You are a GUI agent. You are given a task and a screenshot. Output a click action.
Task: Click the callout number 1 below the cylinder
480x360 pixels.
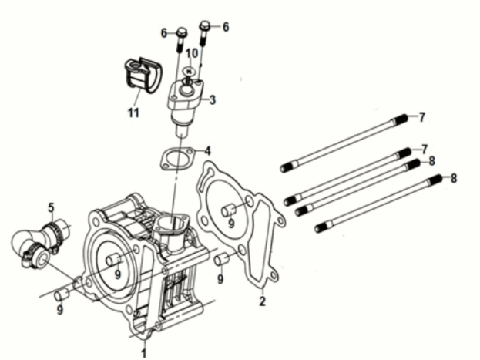[x=143, y=352]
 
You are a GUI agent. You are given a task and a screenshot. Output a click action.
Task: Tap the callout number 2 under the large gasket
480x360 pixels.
[x=262, y=301]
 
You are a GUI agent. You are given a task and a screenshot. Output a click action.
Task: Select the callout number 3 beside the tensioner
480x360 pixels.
[x=213, y=99]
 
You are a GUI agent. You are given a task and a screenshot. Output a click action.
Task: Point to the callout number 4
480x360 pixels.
[x=206, y=150]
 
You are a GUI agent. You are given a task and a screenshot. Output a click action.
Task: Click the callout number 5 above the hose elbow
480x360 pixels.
[x=51, y=207]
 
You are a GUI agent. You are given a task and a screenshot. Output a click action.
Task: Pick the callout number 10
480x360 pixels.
[x=190, y=52]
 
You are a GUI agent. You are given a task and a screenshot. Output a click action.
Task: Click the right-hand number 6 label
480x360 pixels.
[x=226, y=27]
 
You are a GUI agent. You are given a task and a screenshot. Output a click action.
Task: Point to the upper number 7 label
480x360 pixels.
[x=421, y=117]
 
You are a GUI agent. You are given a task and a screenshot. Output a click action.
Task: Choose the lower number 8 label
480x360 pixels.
[x=453, y=177]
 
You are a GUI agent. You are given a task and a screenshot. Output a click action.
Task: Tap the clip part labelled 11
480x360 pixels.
[x=139, y=74]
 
